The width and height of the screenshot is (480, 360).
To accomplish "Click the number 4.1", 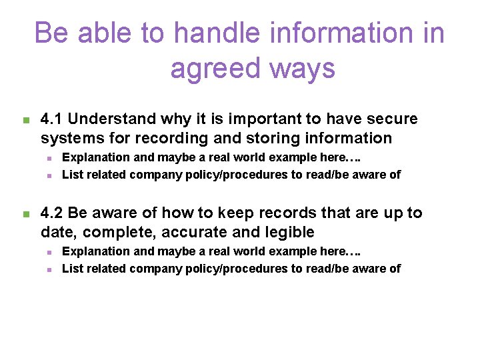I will pyautogui.click(x=51, y=119).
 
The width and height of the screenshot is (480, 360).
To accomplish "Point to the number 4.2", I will pyautogui.click(x=51, y=213).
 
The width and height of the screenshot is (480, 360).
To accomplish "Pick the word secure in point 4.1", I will pyautogui.click(x=393, y=119).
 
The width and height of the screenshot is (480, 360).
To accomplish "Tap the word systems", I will pyautogui.click(x=69, y=139).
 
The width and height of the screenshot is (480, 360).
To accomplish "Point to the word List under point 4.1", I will pyautogui.click(x=71, y=175).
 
